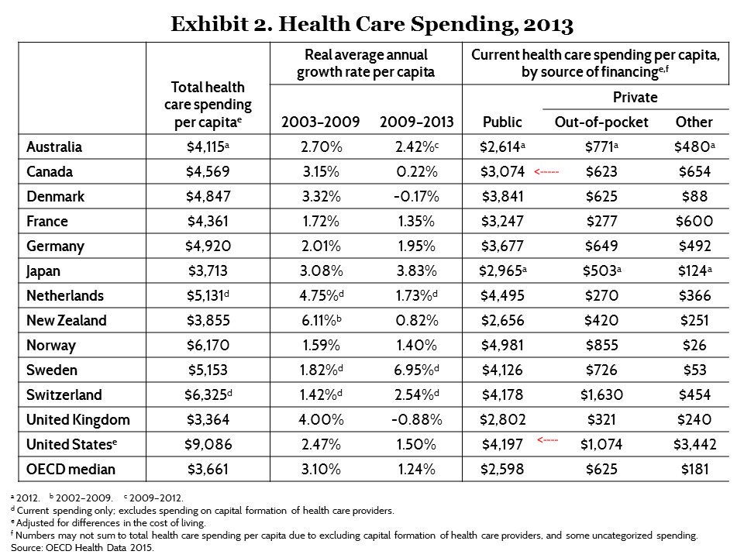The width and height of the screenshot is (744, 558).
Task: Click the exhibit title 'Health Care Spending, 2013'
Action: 371,25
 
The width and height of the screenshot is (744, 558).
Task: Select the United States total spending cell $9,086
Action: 208,444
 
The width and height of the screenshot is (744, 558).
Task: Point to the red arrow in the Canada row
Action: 546,171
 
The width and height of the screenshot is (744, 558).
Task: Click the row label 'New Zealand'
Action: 67,320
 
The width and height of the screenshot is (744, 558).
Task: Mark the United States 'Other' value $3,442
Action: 694,444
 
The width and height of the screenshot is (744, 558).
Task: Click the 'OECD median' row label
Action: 71,469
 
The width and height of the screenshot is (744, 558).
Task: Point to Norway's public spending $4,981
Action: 503,345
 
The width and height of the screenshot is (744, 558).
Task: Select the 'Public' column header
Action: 502,122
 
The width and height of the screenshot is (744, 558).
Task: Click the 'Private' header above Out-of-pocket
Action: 635,98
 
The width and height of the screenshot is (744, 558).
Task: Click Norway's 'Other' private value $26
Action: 694,345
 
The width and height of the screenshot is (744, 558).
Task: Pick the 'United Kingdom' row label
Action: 77,419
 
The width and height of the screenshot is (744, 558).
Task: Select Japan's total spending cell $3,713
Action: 208,270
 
